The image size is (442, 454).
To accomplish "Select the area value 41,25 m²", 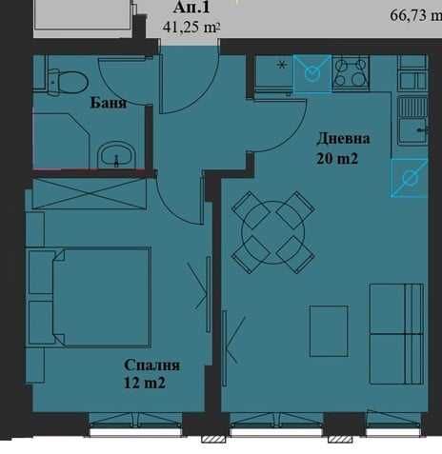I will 191,28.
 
